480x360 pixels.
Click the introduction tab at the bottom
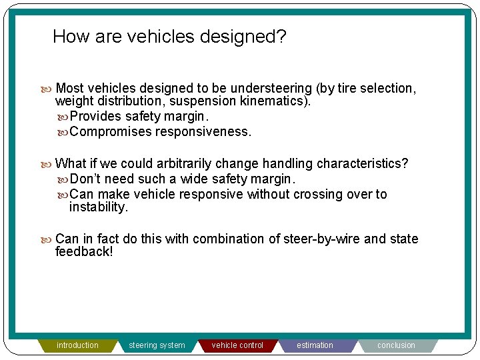[x=77, y=345]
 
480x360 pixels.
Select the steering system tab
[x=157, y=345]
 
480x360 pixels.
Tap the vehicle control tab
[x=237, y=345]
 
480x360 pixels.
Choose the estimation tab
[x=315, y=345]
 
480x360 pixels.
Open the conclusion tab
[x=396, y=345]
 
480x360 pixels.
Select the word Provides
[x=96, y=117]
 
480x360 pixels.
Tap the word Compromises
[x=111, y=131]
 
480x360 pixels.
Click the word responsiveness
[x=203, y=131]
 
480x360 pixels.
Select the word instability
[x=98, y=207]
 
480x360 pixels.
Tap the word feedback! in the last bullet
[x=84, y=252]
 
